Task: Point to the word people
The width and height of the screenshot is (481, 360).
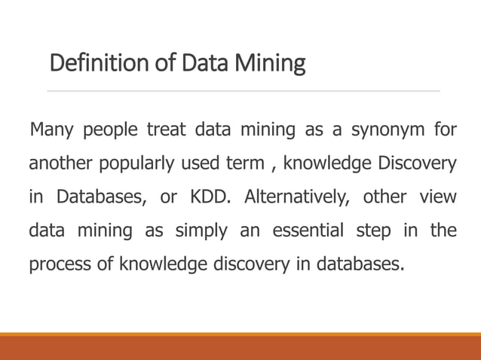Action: click(110, 131)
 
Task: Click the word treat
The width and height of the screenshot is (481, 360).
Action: click(166, 130)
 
